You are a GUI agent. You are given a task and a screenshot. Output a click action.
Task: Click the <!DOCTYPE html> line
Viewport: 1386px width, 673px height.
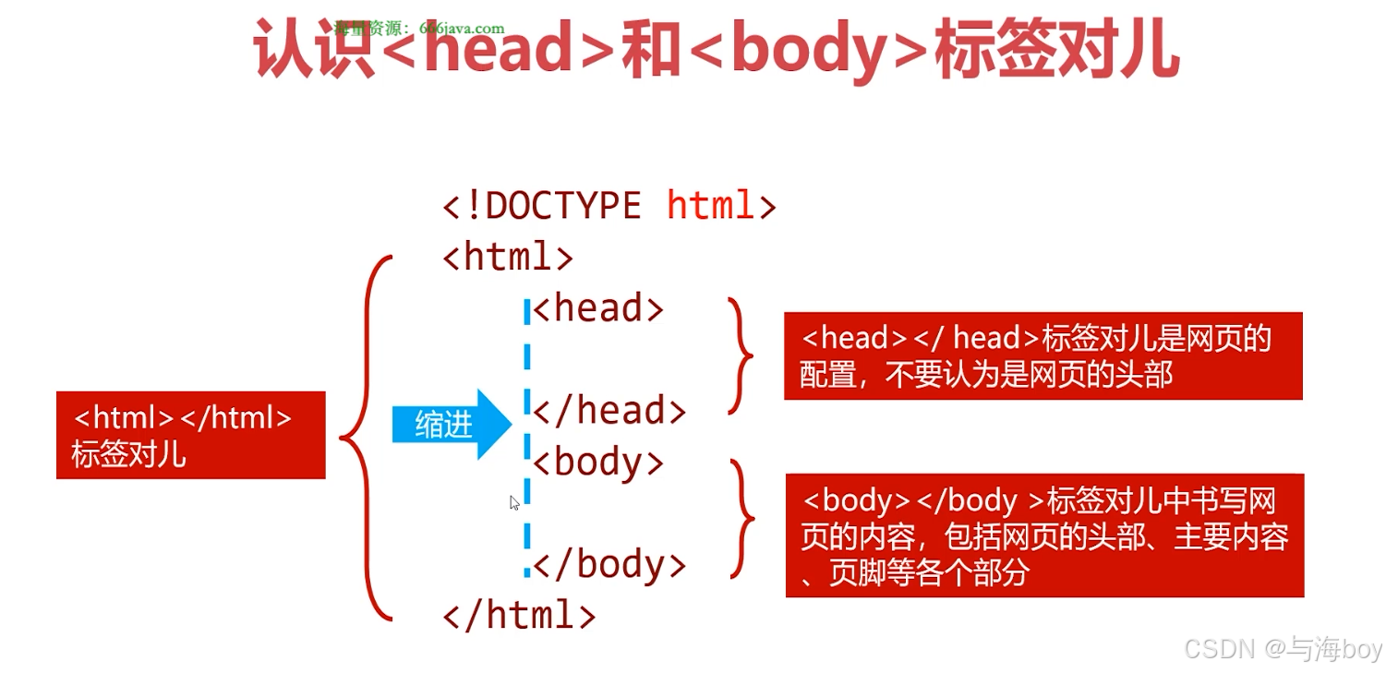tap(609, 206)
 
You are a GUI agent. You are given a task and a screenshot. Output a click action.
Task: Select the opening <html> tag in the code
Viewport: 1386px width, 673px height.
tap(508, 257)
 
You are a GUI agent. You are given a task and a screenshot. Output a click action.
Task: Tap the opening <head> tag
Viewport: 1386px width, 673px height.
tap(598, 308)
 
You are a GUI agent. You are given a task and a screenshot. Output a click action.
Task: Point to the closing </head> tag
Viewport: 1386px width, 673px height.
tap(609, 411)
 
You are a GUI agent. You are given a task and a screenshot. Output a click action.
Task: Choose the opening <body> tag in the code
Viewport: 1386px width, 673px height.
tap(598, 462)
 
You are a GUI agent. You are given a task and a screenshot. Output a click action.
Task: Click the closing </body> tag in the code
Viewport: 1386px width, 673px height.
tap(609, 564)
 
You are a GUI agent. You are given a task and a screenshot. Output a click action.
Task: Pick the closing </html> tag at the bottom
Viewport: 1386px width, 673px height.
tap(519, 615)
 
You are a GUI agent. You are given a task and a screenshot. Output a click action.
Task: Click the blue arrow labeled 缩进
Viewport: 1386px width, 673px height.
tap(451, 424)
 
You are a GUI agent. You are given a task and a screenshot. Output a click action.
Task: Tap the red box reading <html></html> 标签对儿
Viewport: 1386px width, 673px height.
tap(190, 435)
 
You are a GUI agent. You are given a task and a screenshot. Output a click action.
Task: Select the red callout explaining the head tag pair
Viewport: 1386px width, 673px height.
tap(1043, 355)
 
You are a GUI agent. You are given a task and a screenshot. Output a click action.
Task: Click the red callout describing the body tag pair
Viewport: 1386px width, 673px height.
tap(1044, 535)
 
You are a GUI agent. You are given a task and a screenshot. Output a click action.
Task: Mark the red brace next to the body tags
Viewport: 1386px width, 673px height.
tap(743, 518)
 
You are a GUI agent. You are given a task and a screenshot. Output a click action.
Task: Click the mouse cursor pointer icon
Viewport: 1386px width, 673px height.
tap(514, 502)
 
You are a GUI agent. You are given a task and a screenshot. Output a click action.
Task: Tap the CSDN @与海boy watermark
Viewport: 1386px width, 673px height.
tap(1283, 649)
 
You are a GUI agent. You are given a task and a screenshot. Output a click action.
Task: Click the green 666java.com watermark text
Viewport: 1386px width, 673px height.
tap(420, 28)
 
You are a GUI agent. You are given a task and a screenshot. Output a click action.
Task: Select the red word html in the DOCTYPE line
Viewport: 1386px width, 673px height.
tap(711, 206)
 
